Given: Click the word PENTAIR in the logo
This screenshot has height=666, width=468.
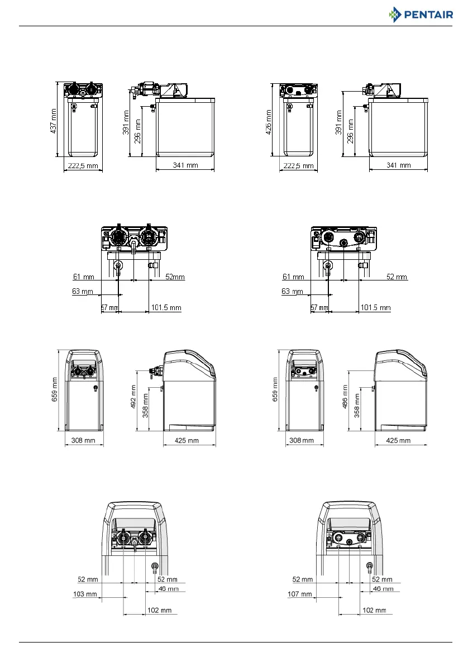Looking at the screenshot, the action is coord(428,15).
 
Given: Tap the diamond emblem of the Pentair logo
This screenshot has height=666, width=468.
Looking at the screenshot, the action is coord(395,15).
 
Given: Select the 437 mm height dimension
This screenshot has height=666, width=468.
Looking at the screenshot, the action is coord(54,121).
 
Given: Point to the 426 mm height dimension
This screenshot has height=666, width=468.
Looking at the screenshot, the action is coord(269,122).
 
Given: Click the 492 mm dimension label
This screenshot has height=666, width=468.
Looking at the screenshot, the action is coord(133,397).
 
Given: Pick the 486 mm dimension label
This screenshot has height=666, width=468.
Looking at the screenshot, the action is coord(345,397).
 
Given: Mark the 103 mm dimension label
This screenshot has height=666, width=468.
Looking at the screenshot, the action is coord(85,594).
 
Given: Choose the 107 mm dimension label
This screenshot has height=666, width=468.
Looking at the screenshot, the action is coord(300,594).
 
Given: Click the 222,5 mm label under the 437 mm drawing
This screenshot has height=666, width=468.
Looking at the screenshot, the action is coord(83,165).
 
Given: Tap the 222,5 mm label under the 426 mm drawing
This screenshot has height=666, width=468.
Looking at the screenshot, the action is coord(299,165).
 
